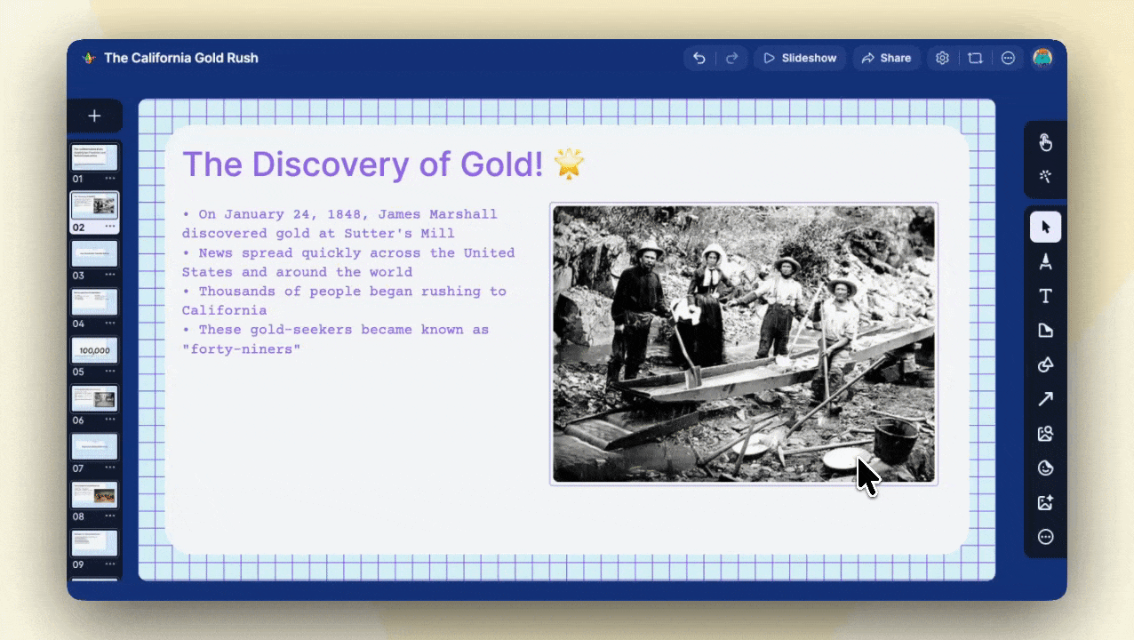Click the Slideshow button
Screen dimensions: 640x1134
pos(800,58)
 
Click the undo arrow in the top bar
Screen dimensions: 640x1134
pos(699,58)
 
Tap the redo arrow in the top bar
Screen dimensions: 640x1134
pos(731,58)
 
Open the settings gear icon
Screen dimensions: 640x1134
pos(942,58)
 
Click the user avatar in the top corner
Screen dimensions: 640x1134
pos(1042,58)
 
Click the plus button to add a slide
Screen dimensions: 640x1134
pos(94,116)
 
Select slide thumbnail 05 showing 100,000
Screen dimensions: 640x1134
pos(94,350)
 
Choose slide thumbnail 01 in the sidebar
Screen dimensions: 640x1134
pos(94,157)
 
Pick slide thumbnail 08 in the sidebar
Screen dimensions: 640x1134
pos(94,495)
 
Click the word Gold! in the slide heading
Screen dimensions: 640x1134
pos(501,164)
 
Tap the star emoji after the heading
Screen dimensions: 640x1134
pos(569,164)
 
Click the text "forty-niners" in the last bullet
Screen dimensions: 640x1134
pos(241,349)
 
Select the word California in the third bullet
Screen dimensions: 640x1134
pos(224,310)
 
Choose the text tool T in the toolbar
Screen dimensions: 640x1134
pos(1045,296)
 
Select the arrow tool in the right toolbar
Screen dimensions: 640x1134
pos(1045,399)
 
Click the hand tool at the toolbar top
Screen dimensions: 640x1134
pos(1045,142)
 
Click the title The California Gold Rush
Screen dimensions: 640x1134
pos(181,58)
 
